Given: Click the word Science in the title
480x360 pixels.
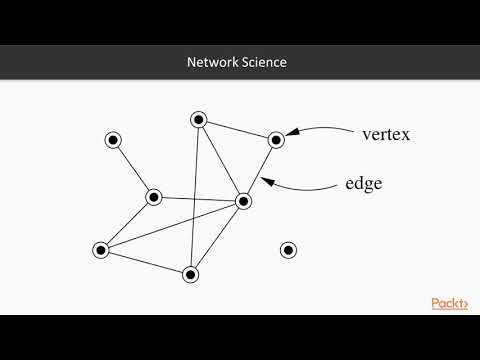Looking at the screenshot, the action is click(263, 62).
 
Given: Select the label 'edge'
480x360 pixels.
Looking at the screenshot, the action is click(366, 184).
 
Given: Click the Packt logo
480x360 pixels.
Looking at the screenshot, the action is click(450, 303).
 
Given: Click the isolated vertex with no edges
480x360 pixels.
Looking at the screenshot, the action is click(288, 250).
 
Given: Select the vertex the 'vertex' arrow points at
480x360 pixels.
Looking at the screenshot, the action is click(276, 140).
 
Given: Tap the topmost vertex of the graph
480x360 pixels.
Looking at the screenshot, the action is click(198, 120).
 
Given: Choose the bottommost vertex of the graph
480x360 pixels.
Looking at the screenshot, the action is click(191, 273).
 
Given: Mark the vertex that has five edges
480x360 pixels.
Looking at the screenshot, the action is click(242, 201).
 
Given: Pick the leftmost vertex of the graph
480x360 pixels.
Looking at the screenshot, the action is click(100, 250).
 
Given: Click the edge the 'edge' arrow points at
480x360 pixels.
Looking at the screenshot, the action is click(259, 171).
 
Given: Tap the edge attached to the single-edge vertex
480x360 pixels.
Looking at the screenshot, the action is click(133, 168).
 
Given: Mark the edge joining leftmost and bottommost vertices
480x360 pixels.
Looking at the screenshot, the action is click(145, 261).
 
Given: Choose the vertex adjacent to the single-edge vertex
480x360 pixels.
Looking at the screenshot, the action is click(154, 197).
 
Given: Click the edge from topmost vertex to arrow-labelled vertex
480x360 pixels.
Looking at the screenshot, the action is click(237, 130).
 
